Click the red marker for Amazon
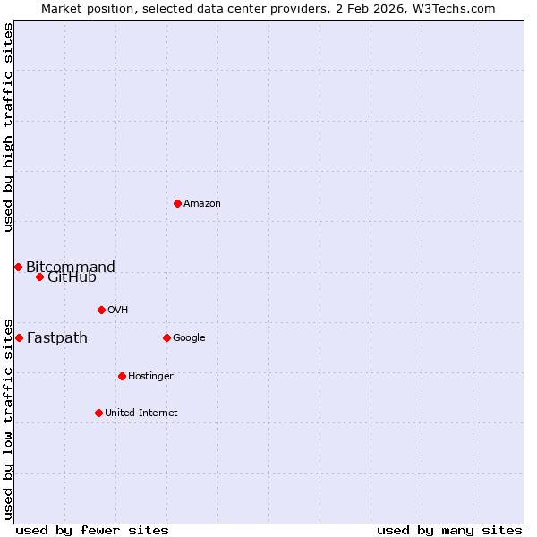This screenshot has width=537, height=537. coord(177,203)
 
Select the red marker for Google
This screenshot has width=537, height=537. coord(166,337)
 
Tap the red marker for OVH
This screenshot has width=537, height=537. coord(101,310)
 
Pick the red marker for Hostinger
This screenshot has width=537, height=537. coord(122,376)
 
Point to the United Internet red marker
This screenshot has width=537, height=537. coord(98,413)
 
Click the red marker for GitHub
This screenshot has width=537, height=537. coord(39,277)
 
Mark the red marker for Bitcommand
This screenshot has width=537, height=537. coord(18,267)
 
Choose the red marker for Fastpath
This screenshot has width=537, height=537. coord(19,337)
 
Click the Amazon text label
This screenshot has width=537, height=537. coord(202,203)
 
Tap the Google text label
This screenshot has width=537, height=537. coord(189,337)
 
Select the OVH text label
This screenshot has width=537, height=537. coord(117,310)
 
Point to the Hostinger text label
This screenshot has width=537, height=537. coord(150,376)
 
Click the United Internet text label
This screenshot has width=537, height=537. coord(141,413)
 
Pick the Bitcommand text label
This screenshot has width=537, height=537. coord(71,267)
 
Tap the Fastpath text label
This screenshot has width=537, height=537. coord(57,337)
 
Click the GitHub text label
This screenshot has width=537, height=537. coord(72,277)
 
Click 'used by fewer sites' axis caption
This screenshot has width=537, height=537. coord(92,530)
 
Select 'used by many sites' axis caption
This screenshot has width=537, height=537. coord(449,530)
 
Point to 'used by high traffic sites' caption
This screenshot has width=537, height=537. coord(8,127)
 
